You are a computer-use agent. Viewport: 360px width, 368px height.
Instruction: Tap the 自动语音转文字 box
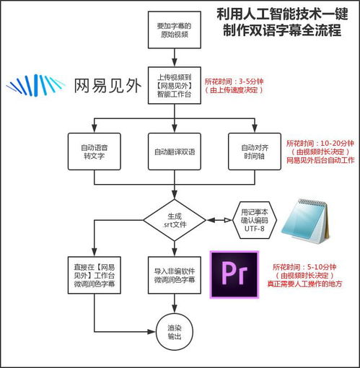(x=93, y=152)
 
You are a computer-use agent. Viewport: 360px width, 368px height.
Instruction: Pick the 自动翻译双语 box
(x=173, y=152)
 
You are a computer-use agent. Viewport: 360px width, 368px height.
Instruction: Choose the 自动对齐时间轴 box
(x=253, y=152)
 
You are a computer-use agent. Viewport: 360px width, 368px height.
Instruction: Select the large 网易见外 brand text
(x=107, y=85)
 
